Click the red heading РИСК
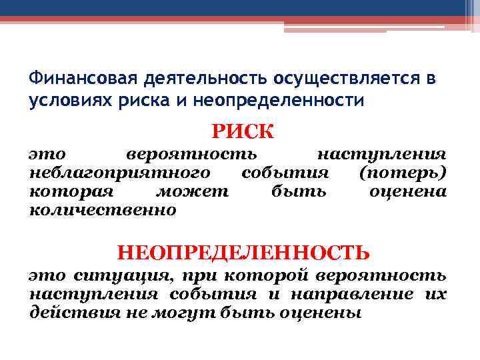243,131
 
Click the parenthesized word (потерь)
402,173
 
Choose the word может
192,192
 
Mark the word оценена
407,192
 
